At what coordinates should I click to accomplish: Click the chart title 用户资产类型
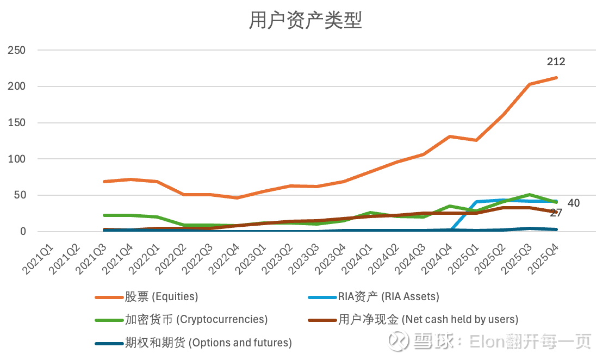pos(305,21)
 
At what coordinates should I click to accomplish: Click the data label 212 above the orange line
pos(556,62)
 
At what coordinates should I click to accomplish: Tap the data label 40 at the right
pos(573,203)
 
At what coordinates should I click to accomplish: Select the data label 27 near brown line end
pos(555,213)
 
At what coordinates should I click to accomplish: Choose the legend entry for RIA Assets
pos(388,297)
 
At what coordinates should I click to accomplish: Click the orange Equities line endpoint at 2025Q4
pos(556,78)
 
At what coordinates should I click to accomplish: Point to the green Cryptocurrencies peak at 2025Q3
pos(529,195)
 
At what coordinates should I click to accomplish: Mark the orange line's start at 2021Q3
pos(104,182)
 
